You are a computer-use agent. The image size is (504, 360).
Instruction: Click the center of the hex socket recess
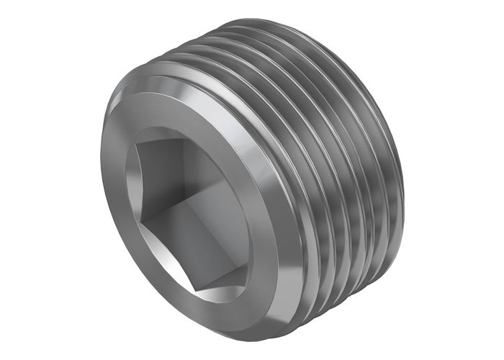189,209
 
